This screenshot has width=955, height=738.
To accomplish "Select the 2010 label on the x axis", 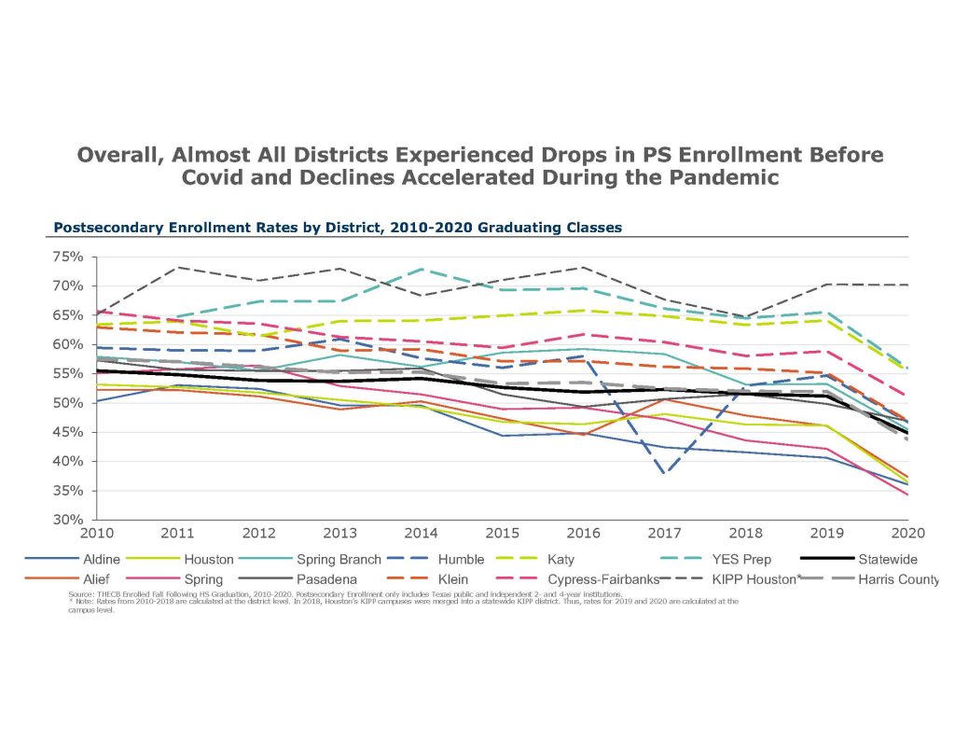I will [x=97, y=534].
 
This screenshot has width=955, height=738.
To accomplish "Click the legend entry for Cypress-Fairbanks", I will [x=635, y=579].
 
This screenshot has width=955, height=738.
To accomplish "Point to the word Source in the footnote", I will [x=82, y=593].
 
